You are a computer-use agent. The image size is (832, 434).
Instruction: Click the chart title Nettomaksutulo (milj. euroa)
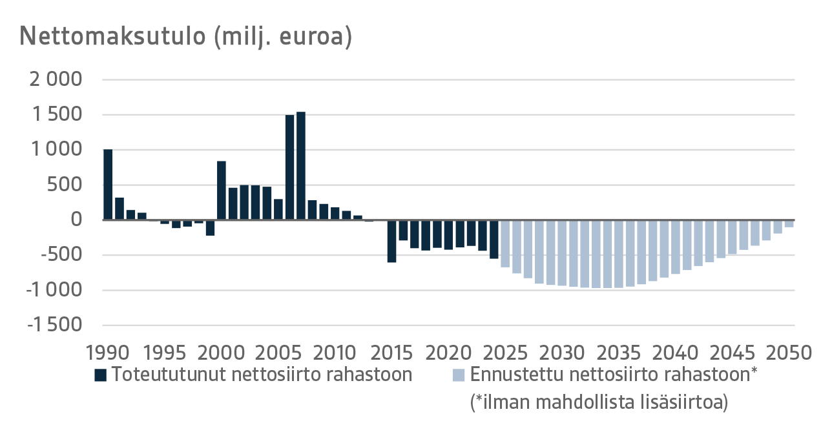coord(186,36)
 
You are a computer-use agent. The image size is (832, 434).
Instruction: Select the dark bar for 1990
coord(108,185)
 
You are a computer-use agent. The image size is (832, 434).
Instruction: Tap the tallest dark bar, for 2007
coord(301,166)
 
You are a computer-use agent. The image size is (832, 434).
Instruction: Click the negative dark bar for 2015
coord(392,241)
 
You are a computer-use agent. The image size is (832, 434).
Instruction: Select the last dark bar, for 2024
coord(494,239)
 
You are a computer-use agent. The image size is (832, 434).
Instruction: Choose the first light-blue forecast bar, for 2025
coord(505,243)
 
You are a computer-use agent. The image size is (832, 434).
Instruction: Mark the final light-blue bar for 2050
coord(789,223)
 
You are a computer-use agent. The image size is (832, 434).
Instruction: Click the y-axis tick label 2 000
coord(56,80)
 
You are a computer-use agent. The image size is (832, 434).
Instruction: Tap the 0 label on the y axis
coord(76,220)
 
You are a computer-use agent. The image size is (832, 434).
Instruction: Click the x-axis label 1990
coord(107,353)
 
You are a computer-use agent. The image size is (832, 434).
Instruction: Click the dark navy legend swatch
coord(100,375)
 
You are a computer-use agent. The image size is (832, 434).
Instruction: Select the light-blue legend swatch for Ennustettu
coord(459,375)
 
